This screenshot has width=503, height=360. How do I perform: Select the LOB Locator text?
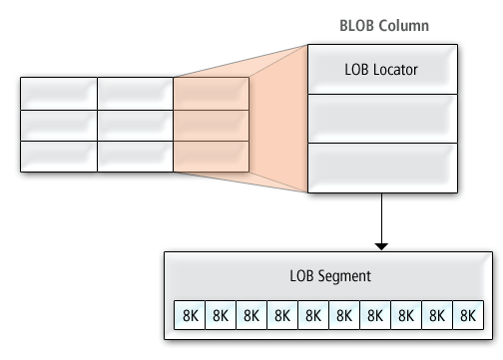382,70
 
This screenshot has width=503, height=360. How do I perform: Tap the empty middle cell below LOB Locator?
382,119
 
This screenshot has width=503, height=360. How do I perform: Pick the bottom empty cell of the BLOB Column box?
382,168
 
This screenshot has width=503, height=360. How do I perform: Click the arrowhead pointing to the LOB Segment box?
382,244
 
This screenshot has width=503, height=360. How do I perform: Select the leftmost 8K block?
190,314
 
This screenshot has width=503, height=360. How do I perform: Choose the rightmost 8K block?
466,314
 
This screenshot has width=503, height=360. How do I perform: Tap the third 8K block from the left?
251,314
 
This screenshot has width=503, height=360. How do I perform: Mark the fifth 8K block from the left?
312,314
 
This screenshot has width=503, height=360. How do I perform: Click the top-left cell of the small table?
58,93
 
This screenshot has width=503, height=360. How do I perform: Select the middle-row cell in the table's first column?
58,125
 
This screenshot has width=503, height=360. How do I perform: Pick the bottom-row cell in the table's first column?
58,157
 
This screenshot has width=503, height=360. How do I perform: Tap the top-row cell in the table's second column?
135,93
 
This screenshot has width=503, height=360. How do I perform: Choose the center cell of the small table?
135,125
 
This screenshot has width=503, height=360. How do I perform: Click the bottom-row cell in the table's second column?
135,157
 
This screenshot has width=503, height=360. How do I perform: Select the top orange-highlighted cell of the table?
211,93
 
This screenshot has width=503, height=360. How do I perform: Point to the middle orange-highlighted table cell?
211,125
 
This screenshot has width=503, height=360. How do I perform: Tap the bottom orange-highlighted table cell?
211,157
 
